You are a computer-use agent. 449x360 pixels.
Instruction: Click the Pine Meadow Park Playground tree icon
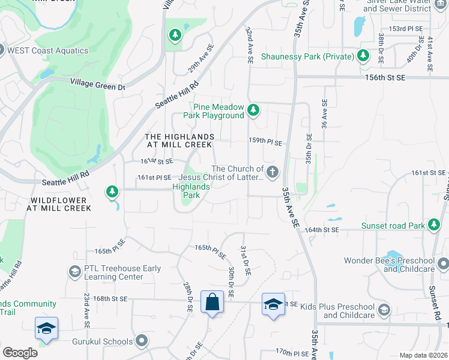(253, 110)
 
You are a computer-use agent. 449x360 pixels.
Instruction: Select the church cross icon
(273, 173)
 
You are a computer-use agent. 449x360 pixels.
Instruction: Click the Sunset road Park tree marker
(434, 226)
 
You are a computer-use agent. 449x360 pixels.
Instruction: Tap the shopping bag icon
(213, 302)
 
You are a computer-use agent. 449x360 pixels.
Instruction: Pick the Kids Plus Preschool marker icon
(384, 310)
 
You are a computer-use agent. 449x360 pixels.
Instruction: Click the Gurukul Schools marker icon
(142, 341)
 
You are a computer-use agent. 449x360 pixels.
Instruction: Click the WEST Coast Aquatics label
(47, 50)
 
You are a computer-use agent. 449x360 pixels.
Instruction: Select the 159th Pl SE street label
(265, 142)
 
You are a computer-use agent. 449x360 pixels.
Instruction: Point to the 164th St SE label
(323, 229)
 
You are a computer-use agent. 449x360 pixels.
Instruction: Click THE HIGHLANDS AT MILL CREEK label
(179, 140)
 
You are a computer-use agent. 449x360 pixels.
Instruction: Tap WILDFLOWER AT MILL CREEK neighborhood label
(58, 203)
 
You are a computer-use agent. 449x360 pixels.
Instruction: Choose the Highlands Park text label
(191, 191)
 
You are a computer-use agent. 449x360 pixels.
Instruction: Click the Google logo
(20, 352)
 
